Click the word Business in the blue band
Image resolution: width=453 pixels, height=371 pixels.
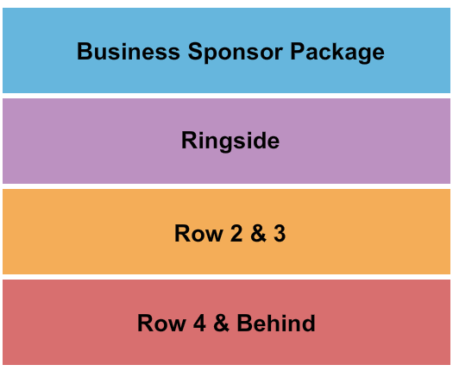click(130, 52)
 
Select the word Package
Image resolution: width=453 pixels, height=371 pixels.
click(337, 52)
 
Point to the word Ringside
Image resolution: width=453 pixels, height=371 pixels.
click(230, 141)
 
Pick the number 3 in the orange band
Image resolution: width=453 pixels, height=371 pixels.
click(279, 233)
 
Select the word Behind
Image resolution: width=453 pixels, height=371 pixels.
click(276, 324)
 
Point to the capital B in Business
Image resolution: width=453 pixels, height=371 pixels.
click(85, 52)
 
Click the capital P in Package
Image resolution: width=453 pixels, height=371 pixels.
click(297, 52)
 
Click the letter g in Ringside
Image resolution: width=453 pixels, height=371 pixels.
click(226, 142)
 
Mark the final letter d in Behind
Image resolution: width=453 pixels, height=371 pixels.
click(309, 324)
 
